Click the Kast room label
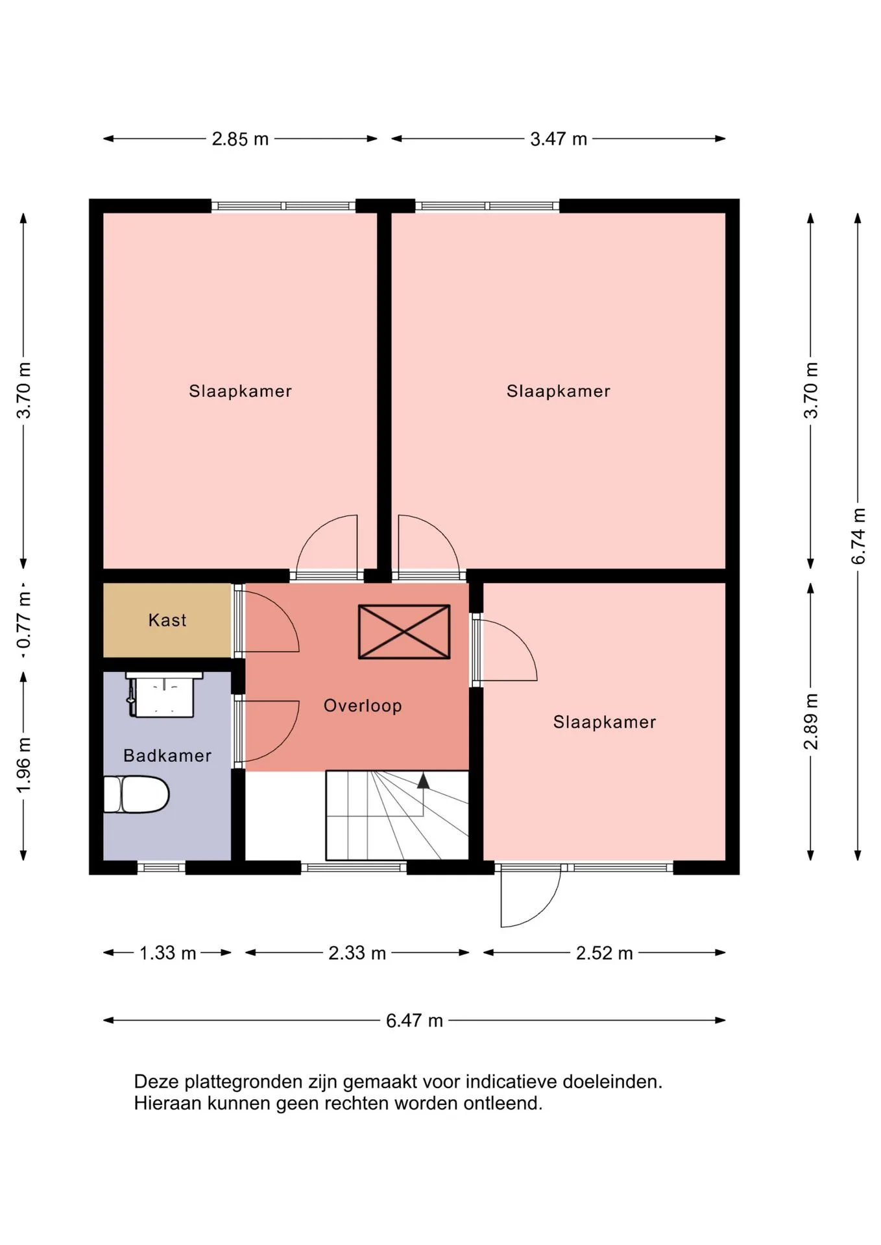point(167,621)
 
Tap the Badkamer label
point(167,755)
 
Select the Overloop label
point(363,705)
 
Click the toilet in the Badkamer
point(137,794)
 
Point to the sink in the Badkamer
point(163,695)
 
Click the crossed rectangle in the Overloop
point(404,632)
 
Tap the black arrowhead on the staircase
point(423,781)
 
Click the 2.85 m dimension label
point(240,139)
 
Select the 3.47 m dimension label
point(559,139)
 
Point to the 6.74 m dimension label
point(858,536)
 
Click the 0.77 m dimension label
point(23,621)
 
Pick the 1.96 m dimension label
point(23,765)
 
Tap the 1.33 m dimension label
point(167,953)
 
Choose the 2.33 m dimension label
point(357,953)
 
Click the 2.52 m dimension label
point(604,953)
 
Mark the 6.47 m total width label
point(414,1021)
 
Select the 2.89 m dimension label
point(811,721)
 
